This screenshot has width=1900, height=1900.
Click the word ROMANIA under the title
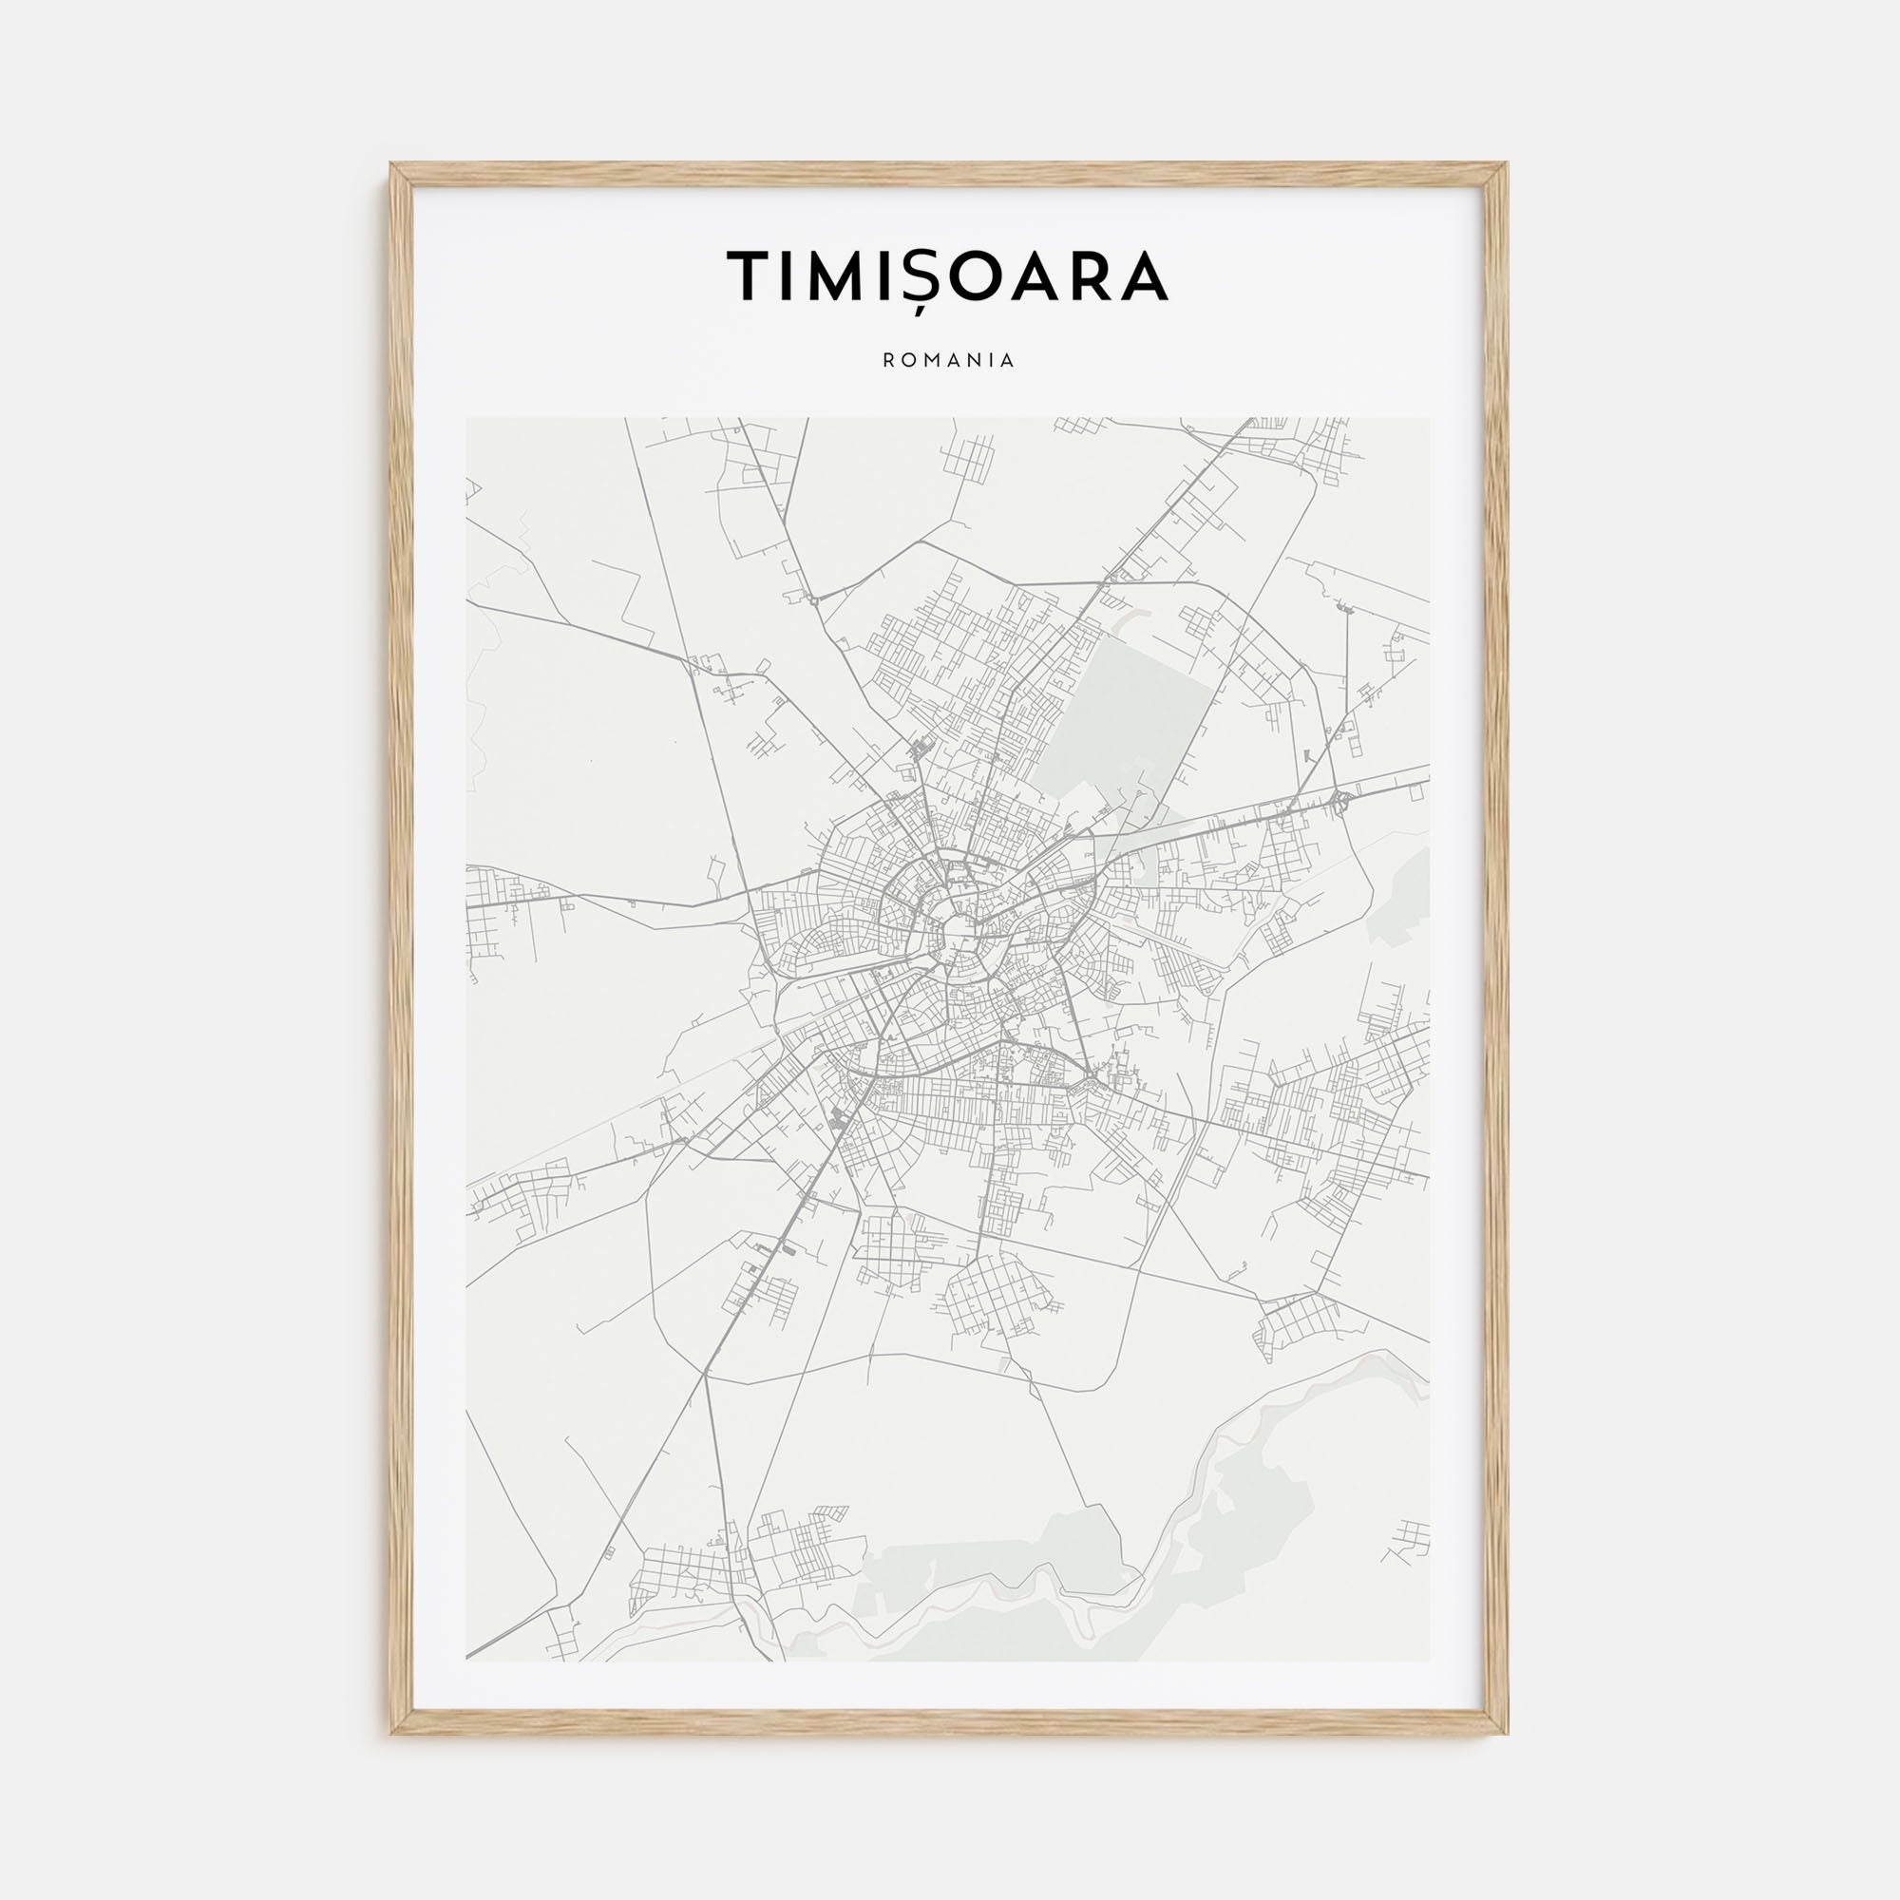[x=949, y=361]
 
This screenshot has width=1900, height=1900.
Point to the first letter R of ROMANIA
[x=889, y=361]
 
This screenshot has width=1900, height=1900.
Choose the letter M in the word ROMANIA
[x=929, y=361]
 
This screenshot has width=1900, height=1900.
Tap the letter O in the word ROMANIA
[x=907, y=361]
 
